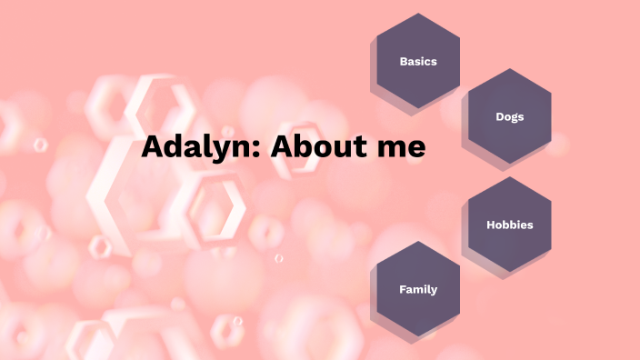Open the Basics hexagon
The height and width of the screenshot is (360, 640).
(x=418, y=61)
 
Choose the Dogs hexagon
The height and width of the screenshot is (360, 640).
(x=509, y=116)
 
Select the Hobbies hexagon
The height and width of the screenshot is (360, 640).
(x=509, y=225)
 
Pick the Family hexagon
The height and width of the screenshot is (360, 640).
(x=418, y=289)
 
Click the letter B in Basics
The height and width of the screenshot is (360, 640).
(x=403, y=62)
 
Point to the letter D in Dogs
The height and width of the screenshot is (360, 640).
(x=499, y=116)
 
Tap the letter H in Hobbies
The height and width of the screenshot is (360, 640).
(x=490, y=225)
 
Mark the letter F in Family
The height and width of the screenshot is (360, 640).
(x=402, y=289)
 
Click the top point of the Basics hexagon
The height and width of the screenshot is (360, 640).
(x=418, y=14)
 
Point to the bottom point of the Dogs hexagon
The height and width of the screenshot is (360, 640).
(x=509, y=165)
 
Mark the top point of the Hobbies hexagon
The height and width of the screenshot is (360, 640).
(x=509, y=177)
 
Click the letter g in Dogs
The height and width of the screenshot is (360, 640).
(x=514, y=118)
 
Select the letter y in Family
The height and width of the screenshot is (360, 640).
(x=434, y=291)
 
